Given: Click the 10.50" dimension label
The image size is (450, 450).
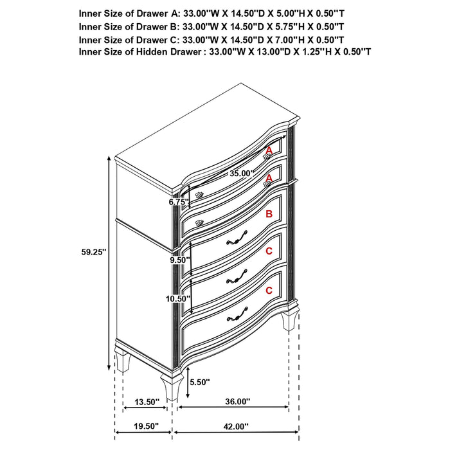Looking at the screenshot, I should coord(178,298).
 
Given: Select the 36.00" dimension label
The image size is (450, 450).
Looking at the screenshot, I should coord(238,402).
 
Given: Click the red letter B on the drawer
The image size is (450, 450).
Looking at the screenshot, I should coord(269,214).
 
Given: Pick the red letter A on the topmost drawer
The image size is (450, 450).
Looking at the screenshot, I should coord(269,150).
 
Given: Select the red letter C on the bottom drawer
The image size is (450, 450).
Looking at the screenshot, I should coord(269,291).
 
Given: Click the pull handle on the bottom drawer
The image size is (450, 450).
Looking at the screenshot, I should coord(237,315).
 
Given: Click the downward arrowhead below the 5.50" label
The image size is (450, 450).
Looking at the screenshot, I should coord(187,395).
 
